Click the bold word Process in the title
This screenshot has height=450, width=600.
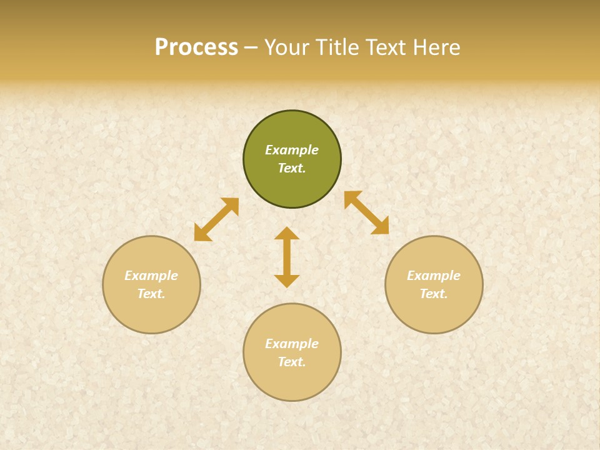click(196, 47)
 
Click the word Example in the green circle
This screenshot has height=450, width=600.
click(292, 150)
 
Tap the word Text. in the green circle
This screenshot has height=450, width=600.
click(292, 168)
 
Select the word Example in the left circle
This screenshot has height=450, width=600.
click(151, 276)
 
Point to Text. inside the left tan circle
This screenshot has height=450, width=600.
click(151, 294)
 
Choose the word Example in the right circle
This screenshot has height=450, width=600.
click(434, 276)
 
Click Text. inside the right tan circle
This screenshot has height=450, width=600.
click(434, 294)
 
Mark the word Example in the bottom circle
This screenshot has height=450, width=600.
click(292, 344)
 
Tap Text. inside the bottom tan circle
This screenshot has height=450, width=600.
click(292, 362)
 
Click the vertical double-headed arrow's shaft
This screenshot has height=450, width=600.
click(287, 257)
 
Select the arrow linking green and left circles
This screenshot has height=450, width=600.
click(216, 219)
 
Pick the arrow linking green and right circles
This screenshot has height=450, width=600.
click(366, 212)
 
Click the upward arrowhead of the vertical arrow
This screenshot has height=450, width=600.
click(287, 233)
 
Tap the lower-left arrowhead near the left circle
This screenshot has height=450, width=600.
click(201, 234)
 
